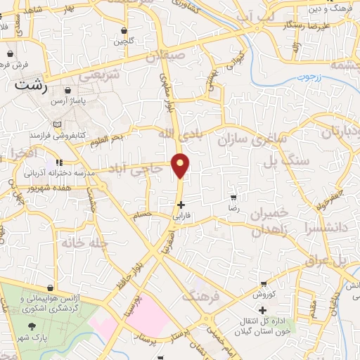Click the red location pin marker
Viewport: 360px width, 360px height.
(x=181, y=165)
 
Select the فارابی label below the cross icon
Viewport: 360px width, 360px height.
(x=183, y=216)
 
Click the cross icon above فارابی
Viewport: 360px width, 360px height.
(x=181, y=205)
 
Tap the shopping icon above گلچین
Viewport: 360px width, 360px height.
(x=124, y=31)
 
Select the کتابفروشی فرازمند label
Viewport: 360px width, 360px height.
(x=58, y=134)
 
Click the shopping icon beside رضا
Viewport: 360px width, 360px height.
(x=232, y=198)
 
